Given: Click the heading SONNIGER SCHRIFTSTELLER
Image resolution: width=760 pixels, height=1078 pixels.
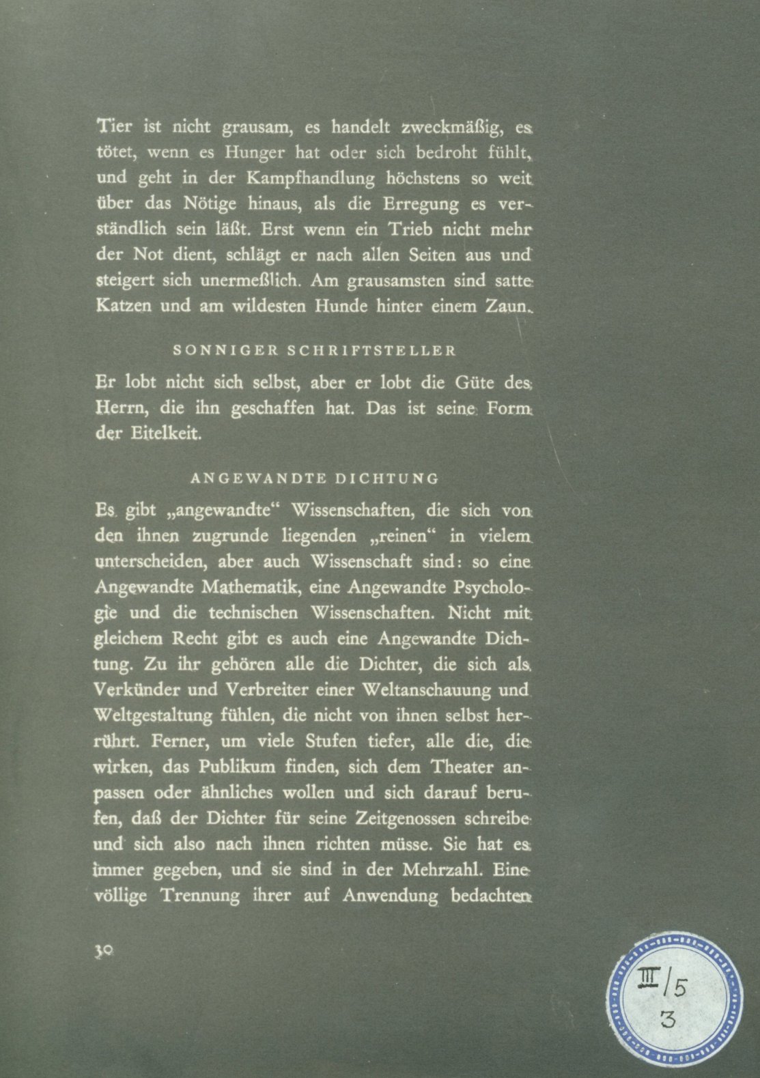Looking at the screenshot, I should click(315, 352).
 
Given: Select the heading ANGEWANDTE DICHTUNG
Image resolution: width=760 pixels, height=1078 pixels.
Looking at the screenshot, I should click(315, 479).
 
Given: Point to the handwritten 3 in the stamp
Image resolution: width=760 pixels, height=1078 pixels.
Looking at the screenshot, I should click(668, 1020).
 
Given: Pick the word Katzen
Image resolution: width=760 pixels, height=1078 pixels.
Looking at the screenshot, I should click(123, 307).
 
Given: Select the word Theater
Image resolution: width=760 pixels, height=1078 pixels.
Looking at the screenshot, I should click(462, 767).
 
